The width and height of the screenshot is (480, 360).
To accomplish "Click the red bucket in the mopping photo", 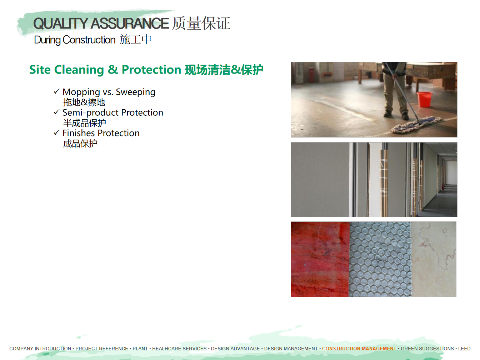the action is pos(424,99).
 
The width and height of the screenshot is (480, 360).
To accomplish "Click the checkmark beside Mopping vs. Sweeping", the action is pos(57,91).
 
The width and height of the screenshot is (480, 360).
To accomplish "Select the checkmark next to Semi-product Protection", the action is pos(57,112).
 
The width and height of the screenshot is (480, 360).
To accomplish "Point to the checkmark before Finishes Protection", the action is pos(57,132).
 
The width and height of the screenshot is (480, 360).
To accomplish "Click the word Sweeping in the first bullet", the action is pos(136,92).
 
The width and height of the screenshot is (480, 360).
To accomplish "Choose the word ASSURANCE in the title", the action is pos(130,23).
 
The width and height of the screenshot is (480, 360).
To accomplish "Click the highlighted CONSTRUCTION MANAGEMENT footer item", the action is pos(359,349).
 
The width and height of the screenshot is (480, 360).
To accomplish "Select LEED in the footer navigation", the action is pos(464,349).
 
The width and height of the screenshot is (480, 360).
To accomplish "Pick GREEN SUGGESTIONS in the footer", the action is pos(427,349).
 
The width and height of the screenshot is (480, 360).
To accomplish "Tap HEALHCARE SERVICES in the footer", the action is pos(179,349).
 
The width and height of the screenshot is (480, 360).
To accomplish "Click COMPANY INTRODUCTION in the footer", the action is pos(40,349).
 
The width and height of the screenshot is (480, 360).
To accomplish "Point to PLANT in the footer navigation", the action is pos(140,349).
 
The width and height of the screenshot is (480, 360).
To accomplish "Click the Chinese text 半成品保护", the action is pos(84,123).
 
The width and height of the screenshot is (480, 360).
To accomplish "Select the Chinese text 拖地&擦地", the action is pos(84,102).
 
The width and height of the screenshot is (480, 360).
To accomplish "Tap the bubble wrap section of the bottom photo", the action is pos(380,259).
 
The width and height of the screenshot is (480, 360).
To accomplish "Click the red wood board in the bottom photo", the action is pos(320,259).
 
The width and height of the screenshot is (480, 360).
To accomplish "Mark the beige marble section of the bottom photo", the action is pos(434,259).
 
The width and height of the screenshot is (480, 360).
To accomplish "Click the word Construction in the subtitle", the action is pos(89,40).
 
